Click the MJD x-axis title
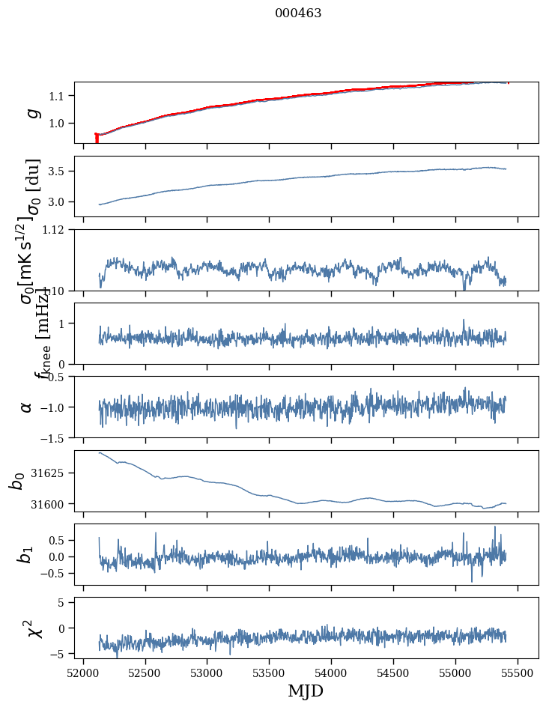pyautogui.click(x=306, y=691)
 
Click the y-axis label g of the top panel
pyautogui.click(x=31, y=112)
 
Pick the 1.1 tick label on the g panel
pyautogui.click(x=59, y=96)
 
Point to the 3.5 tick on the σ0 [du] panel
pyautogui.click(x=59, y=172)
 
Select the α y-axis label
pyautogui.click(x=26, y=407)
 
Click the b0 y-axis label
pyautogui.click(x=16, y=480)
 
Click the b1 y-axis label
pyautogui.click(x=26, y=554)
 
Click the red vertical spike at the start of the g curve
pyautogui.click(x=97, y=139)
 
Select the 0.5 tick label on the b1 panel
pyautogui.click(x=59, y=540)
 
